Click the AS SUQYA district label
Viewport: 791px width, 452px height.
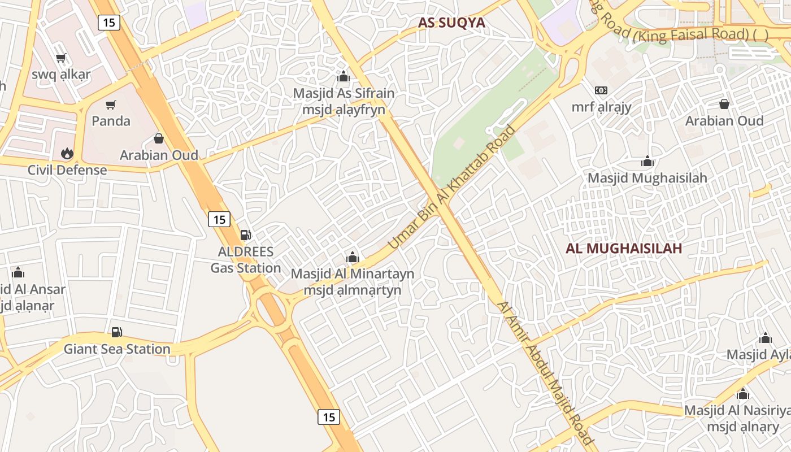click(451, 23)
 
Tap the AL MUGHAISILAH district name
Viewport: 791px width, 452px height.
click(624, 248)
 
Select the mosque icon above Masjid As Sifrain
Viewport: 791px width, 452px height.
click(343, 76)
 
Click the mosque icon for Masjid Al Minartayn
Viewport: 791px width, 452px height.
click(353, 258)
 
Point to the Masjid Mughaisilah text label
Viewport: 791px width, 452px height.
click(647, 178)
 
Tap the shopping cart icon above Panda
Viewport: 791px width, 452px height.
click(111, 105)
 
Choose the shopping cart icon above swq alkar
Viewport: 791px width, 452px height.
click(61, 58)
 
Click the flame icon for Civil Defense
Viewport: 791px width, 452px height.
click(67, 153)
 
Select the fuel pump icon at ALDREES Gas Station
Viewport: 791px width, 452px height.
click(246, 234)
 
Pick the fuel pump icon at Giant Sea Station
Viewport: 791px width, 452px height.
click(116, 332)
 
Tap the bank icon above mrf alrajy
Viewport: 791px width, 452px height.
click(601, 90)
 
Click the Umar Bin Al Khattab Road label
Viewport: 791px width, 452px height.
click(452, 187)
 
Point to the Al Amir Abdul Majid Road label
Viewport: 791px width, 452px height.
click(545, 373)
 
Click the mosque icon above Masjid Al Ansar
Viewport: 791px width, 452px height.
click(18, 273)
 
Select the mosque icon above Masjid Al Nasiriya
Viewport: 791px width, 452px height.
click(743, 394)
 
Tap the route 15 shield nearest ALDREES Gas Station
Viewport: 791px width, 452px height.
click(219, 219)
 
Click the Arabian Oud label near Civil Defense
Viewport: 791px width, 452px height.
click(159, 155)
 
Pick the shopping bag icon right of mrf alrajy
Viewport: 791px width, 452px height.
click(724, 104)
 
